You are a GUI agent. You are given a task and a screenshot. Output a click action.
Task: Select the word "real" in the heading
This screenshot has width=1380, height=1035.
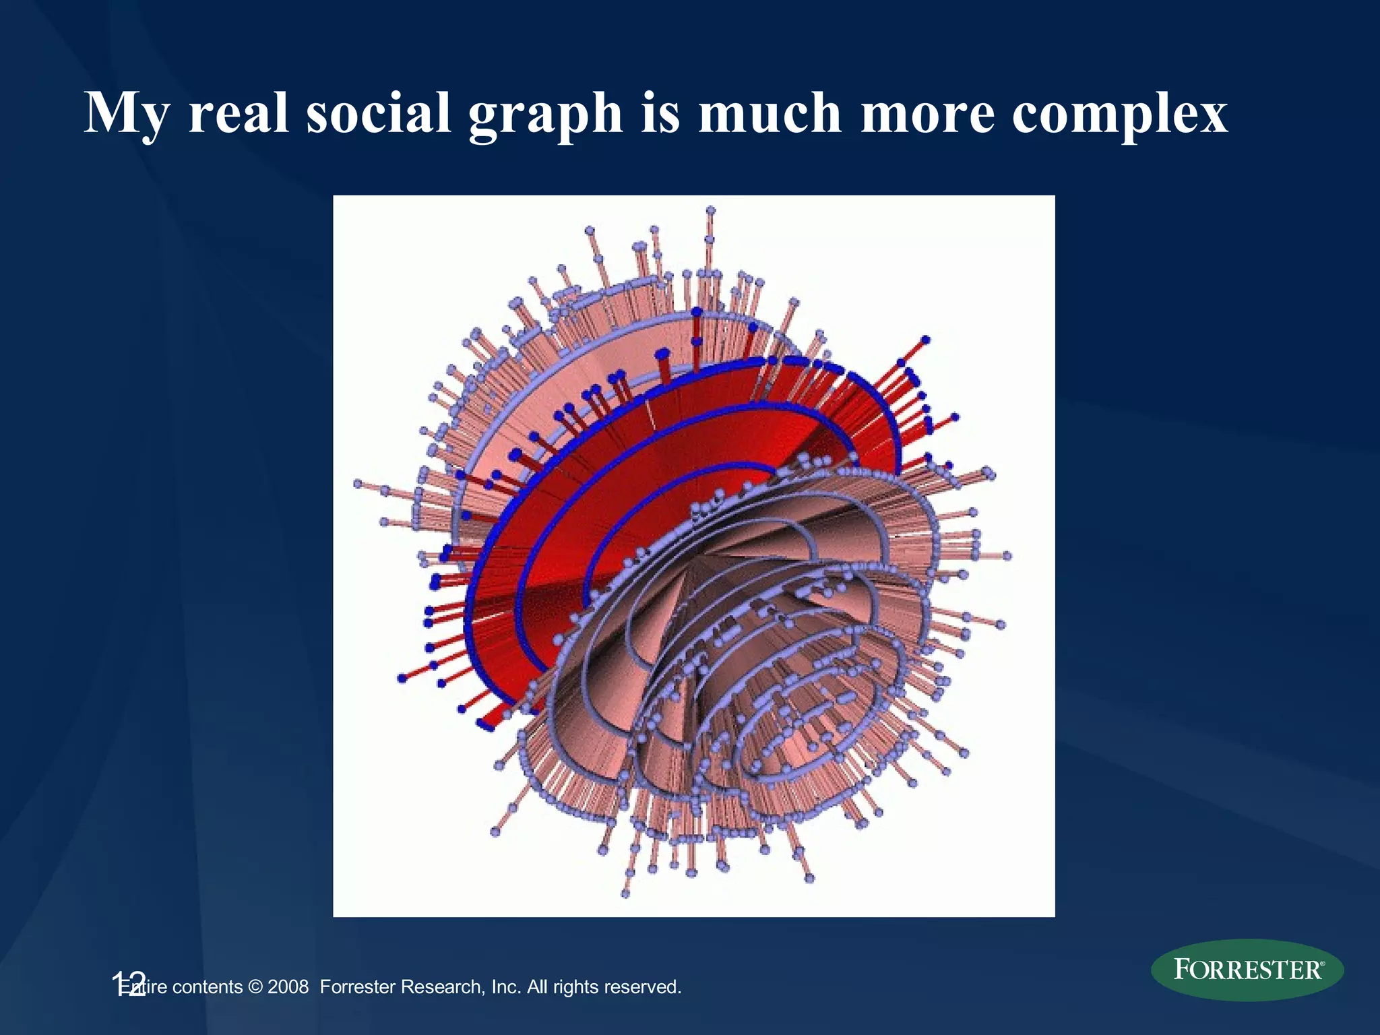coord(239,113)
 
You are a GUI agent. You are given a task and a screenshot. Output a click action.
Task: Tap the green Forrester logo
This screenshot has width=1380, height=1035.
coord(1247,970)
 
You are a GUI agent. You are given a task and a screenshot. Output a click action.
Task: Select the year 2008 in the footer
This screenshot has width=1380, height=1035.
coord(288,987)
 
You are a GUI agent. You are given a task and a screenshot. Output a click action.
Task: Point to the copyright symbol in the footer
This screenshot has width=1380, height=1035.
coord(255,987)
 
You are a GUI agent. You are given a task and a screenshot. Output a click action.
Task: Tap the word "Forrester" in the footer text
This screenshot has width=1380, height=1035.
coord(357,987)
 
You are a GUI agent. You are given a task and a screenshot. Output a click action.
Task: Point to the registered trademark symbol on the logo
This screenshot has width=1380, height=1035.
coord(1322,964)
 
